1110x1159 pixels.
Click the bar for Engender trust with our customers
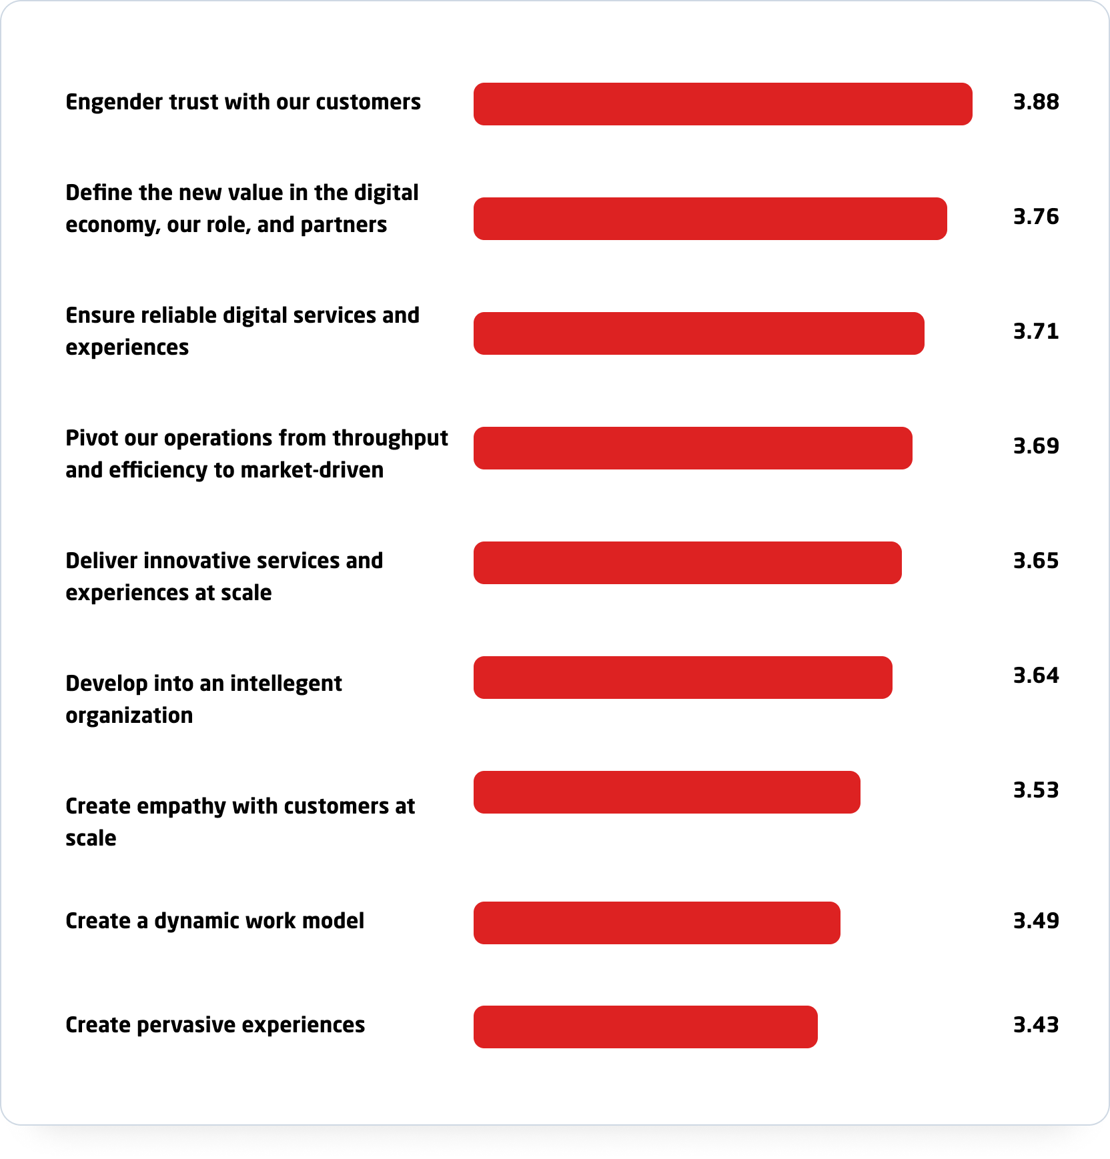pyautogui.click(x=722, y=104)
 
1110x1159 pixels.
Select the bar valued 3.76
pyautogui.click(x=710, y=219)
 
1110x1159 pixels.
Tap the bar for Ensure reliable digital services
pyautogui.click(x=698, y=333)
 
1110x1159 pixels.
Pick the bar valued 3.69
pyautogui.click(x=692, y=448)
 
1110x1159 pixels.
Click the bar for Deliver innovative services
pyautogui.click(x=687, y=563)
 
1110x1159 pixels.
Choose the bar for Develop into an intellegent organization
pyautogui.click(x=682, y=678)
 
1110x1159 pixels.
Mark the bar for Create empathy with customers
pyautogui.click(x=666, y=792)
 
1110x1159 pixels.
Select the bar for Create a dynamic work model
pyautogui.click(x=656, y=923)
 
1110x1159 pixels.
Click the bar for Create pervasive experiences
pyautogui.click(x=645, y=1027)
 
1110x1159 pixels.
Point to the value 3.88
pyautogui.click(x=1035, y=102)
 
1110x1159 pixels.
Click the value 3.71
pyautogui.click(x=1035, y=331)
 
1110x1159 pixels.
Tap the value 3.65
pyautogui.click(x=1035, y=561)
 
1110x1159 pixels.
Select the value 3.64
pyautogui.click(x=1035, y=676)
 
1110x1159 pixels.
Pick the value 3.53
pyautogui.click(x=1035, y=790)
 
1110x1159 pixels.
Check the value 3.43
pyautogui.click(x=1035, y=1025)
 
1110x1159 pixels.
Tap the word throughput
pyautogui.click(x=390, y=439)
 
